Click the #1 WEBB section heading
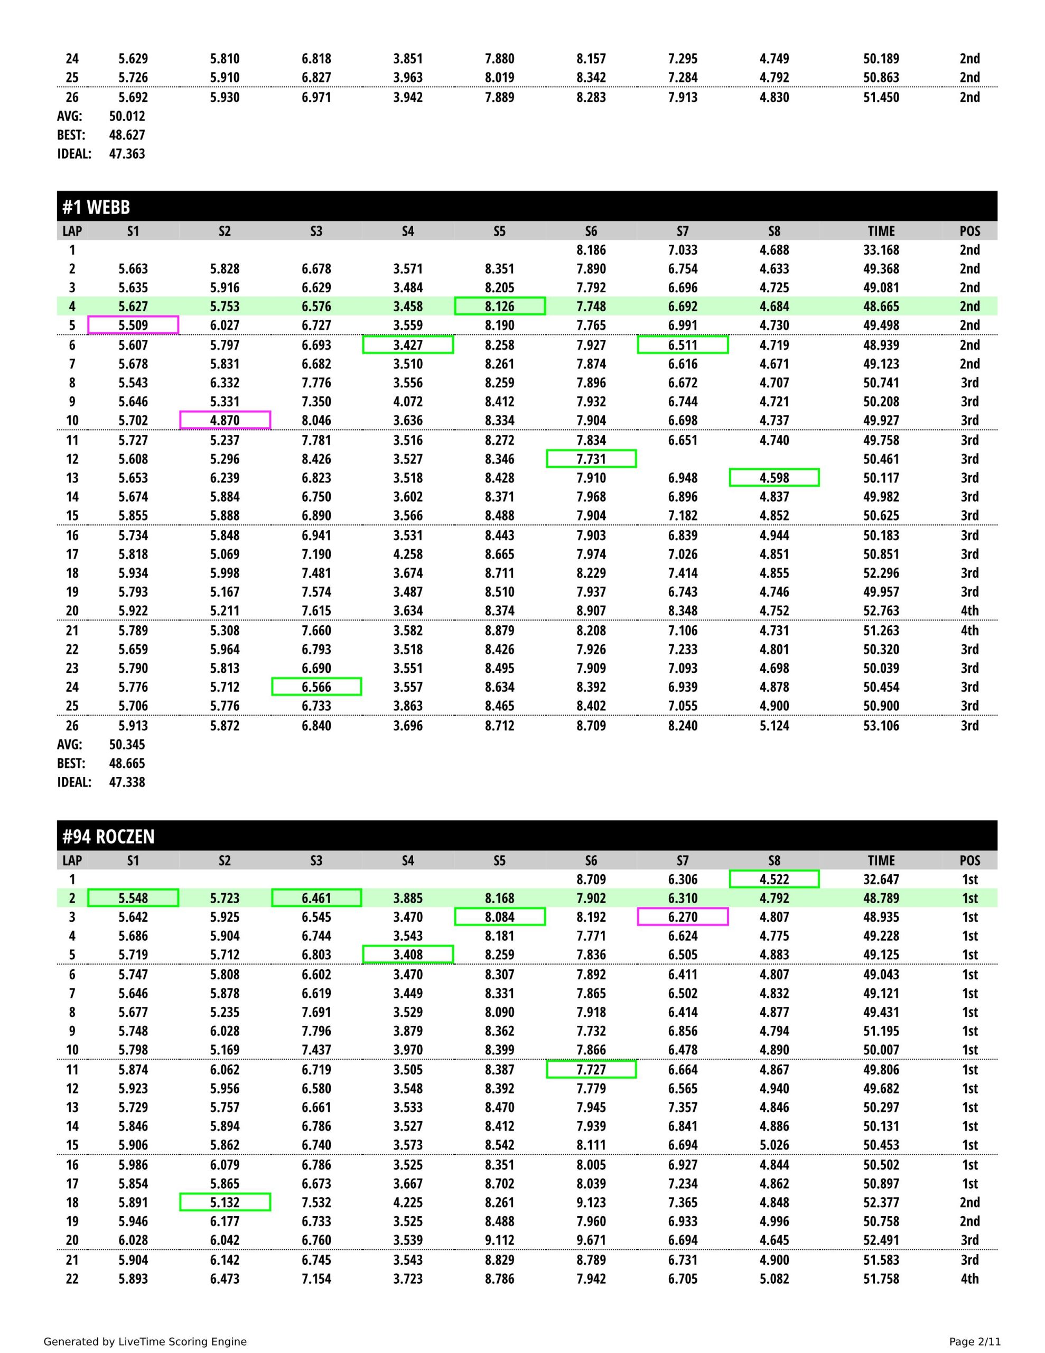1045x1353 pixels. pos(96,207)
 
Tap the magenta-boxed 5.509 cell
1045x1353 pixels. pos(133,325)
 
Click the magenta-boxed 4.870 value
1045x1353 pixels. pos(225,420)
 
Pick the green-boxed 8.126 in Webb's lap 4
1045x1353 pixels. pos(499,306)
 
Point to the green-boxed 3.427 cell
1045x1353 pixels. pos(408,345)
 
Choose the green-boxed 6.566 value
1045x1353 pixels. pos(316,687)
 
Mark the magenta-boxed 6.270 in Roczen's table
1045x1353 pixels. pos(683,917)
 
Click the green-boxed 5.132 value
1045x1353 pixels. pos(225,1202)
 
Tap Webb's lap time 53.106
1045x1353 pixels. pos(881,726)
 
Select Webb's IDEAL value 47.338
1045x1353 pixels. pos(127,782)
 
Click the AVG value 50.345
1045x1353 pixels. pos(127,744)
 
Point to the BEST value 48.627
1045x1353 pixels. pos(127,134)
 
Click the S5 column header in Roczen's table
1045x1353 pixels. pos(499,860)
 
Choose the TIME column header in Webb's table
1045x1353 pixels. pos(881,231)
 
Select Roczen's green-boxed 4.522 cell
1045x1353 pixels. pos(775,879)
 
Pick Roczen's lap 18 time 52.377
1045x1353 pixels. pos(881,1202)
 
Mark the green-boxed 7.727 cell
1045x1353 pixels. pos(591,1069)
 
